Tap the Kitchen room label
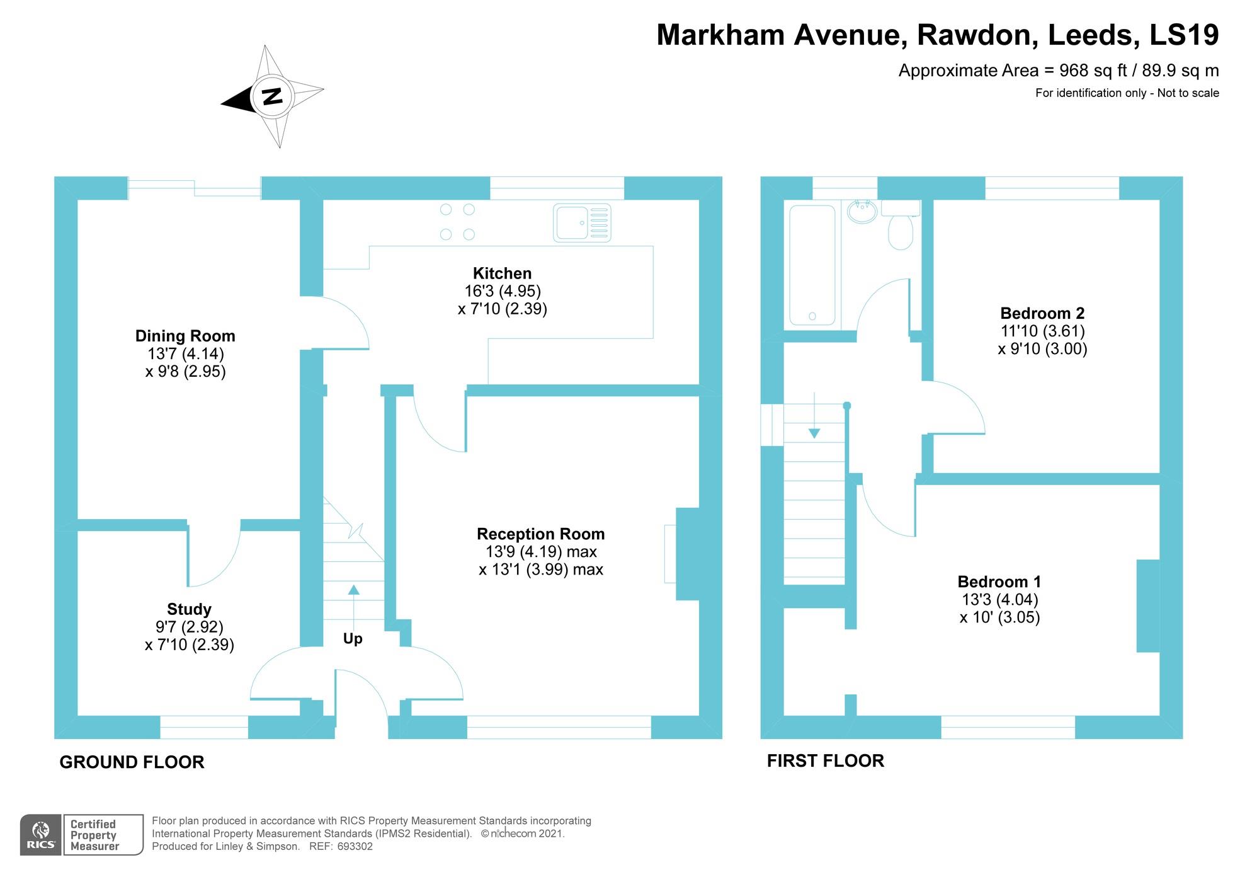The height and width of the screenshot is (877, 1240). coord(502,273)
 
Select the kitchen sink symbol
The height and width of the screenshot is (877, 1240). coord(582,223)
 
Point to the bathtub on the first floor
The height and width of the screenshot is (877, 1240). coord(812,265)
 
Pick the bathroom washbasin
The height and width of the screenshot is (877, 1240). coord(862,211)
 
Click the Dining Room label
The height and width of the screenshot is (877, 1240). coord(185,336)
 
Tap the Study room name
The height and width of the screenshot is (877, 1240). coord(189,609)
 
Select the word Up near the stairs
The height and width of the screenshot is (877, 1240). coord(353,639)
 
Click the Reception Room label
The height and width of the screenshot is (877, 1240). coord(540,534)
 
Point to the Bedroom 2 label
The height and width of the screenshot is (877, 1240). coord(1042,313)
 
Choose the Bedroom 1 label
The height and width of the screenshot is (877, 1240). coord(999,582)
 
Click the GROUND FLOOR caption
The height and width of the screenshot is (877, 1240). coord(132,762)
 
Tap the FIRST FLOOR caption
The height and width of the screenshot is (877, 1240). coord(826,761)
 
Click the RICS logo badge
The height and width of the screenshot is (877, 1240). coord(41,835)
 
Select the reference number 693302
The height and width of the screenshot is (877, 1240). coord(355,847)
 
